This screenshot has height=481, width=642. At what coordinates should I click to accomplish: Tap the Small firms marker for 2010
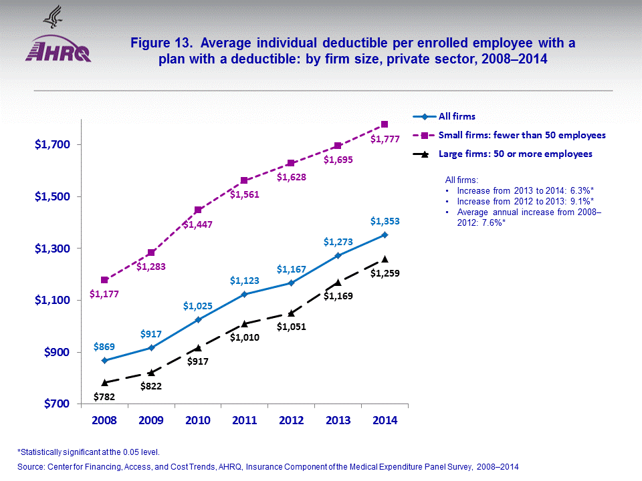point(198,210)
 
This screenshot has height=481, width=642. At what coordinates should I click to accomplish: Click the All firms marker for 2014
point(385,234)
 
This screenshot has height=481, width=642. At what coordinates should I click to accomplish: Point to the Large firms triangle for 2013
point(338,282)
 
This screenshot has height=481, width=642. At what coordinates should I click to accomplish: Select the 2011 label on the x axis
point(245,421)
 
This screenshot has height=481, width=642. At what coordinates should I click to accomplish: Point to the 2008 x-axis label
point(105,421)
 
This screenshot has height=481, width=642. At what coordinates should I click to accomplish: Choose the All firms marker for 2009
point(152,347)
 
